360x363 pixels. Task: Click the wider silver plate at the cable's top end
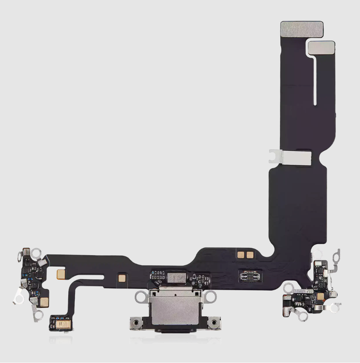click(302, 29)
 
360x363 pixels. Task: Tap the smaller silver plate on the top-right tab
click(321, 47)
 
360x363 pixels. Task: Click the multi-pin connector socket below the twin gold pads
click(249, 276)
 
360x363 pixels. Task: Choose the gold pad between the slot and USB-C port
click(122, 278)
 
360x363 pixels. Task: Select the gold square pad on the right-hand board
click(321, 296)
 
